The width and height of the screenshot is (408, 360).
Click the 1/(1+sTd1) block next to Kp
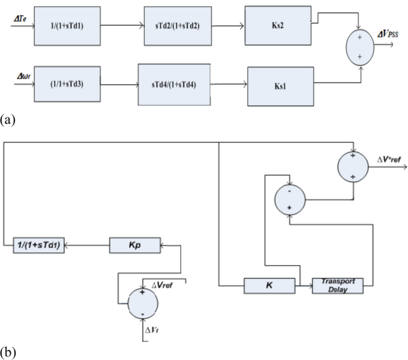tap(39, 244)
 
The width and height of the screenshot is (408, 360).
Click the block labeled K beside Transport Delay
tap(270, 285)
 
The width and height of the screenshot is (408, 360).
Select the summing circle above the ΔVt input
tap(143, 303)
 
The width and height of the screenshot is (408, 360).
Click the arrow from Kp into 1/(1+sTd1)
tap(87, 244)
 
